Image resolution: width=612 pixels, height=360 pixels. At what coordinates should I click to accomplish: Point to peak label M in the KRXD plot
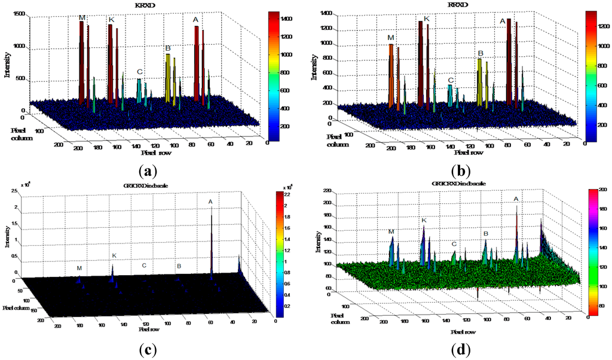[82, 18]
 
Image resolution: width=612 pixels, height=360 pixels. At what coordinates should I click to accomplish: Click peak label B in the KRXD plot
[168, 48]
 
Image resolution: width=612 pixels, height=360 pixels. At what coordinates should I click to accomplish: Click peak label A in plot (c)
[210, 202]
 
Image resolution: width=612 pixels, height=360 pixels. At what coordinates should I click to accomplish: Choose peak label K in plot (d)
[424, 221]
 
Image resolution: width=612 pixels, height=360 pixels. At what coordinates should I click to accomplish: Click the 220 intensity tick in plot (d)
[328, 191]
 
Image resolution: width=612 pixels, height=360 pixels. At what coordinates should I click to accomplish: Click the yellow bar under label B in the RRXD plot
[479, 84]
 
